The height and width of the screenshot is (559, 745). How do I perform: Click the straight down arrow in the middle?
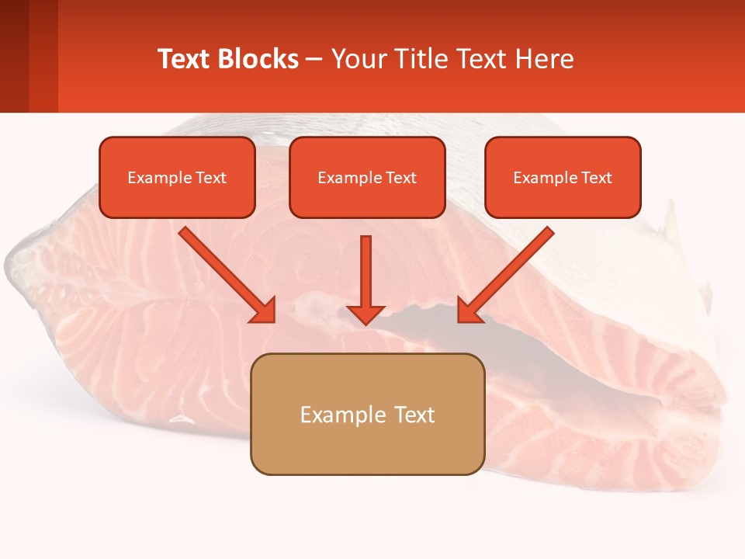click(366, 272)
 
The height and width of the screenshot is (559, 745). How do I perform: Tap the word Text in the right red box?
click(597, 178)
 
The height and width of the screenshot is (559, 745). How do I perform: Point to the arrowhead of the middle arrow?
click(366, 314)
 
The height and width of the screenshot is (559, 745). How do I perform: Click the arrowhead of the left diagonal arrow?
click(266, 312)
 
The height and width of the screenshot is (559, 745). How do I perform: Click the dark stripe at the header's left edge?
click(14, 56)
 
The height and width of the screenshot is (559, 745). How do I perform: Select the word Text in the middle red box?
click(401, 178)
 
